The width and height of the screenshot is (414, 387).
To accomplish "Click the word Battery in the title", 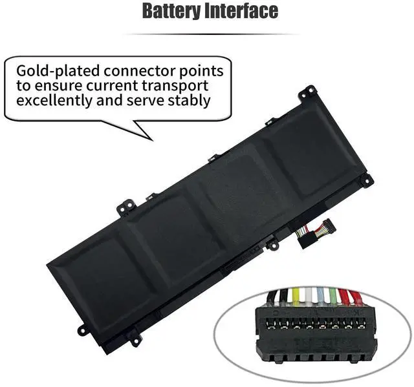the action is coord(170,11).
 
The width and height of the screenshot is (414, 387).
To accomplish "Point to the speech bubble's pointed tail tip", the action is coord(152,138).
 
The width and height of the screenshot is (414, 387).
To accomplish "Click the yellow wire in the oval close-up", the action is coord(296,297).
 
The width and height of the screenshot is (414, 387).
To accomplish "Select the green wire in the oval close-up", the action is coord(332,298).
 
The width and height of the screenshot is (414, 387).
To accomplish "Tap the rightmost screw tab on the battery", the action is coord(366,180).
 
